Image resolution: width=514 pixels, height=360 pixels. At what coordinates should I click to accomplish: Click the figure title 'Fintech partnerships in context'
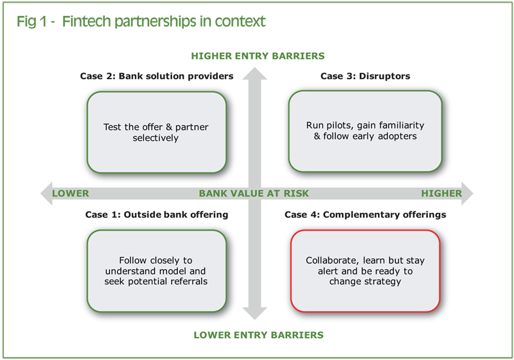coord(164,22)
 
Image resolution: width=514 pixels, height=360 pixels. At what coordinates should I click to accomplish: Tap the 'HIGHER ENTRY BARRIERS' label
coord(258,56)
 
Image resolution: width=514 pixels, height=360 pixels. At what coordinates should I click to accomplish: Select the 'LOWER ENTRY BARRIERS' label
coord(259,335)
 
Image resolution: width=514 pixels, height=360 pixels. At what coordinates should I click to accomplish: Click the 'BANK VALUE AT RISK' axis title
coord(254,194)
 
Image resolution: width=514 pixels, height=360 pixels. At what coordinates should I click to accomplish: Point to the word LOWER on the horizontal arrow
coord(71,194)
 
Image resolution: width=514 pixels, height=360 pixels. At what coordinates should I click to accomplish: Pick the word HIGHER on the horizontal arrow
coord(441,194)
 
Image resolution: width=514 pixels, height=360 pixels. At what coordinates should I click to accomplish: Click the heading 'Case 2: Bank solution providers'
coord(157,76)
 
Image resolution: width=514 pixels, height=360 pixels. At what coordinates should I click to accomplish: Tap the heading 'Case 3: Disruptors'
coord(365,76)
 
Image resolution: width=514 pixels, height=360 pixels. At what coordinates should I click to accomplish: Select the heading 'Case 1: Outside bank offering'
coord(157,215)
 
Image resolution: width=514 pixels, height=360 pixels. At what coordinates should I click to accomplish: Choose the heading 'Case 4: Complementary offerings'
coord(365,215)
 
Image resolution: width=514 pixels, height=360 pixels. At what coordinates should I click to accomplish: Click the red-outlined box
coord(365,271)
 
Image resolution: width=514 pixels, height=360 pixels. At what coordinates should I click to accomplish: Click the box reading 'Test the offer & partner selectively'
coord(157,132)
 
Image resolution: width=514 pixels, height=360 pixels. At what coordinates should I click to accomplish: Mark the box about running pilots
coord(365,131)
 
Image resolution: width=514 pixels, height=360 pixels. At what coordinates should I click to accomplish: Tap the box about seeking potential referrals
coord(157,271)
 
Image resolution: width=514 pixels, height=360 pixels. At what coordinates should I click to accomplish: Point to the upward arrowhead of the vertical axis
coord(254,73)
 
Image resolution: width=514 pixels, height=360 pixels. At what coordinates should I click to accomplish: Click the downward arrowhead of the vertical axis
coord(254,314)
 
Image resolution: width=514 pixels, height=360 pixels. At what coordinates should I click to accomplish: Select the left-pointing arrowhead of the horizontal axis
coord(46,194)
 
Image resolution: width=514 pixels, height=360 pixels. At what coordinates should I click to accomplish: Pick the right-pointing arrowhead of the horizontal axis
coord(467,194)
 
